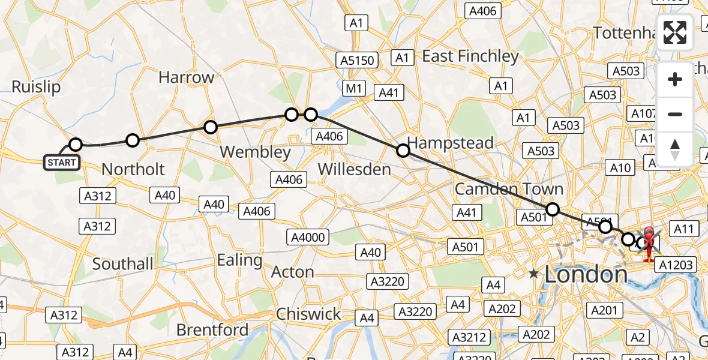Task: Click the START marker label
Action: coord(62,162)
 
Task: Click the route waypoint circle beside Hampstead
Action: coord(403,151)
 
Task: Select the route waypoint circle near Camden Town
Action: coord(553,209)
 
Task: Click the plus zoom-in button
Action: coord(675,79)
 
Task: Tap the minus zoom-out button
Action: coord(675,114)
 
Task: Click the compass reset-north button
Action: coord(675,149)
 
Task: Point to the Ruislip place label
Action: coord(36,87)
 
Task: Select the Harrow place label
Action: coord(186,77)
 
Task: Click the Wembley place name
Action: coord(255,152)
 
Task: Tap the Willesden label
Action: coord(354,169)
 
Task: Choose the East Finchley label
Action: coord(470,56)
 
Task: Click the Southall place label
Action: coord(123,263)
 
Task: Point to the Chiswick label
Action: coord(308,314)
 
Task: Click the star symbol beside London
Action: coord(533,274)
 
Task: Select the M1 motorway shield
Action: coord(354,89)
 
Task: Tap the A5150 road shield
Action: coord(358,61)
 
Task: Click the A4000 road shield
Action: coord(308,237)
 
